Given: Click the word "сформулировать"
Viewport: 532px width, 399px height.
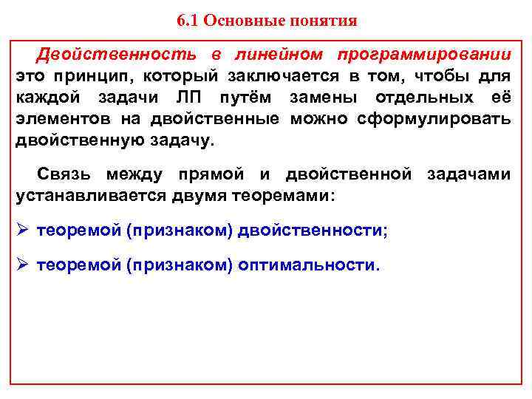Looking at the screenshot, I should [434, 120].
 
